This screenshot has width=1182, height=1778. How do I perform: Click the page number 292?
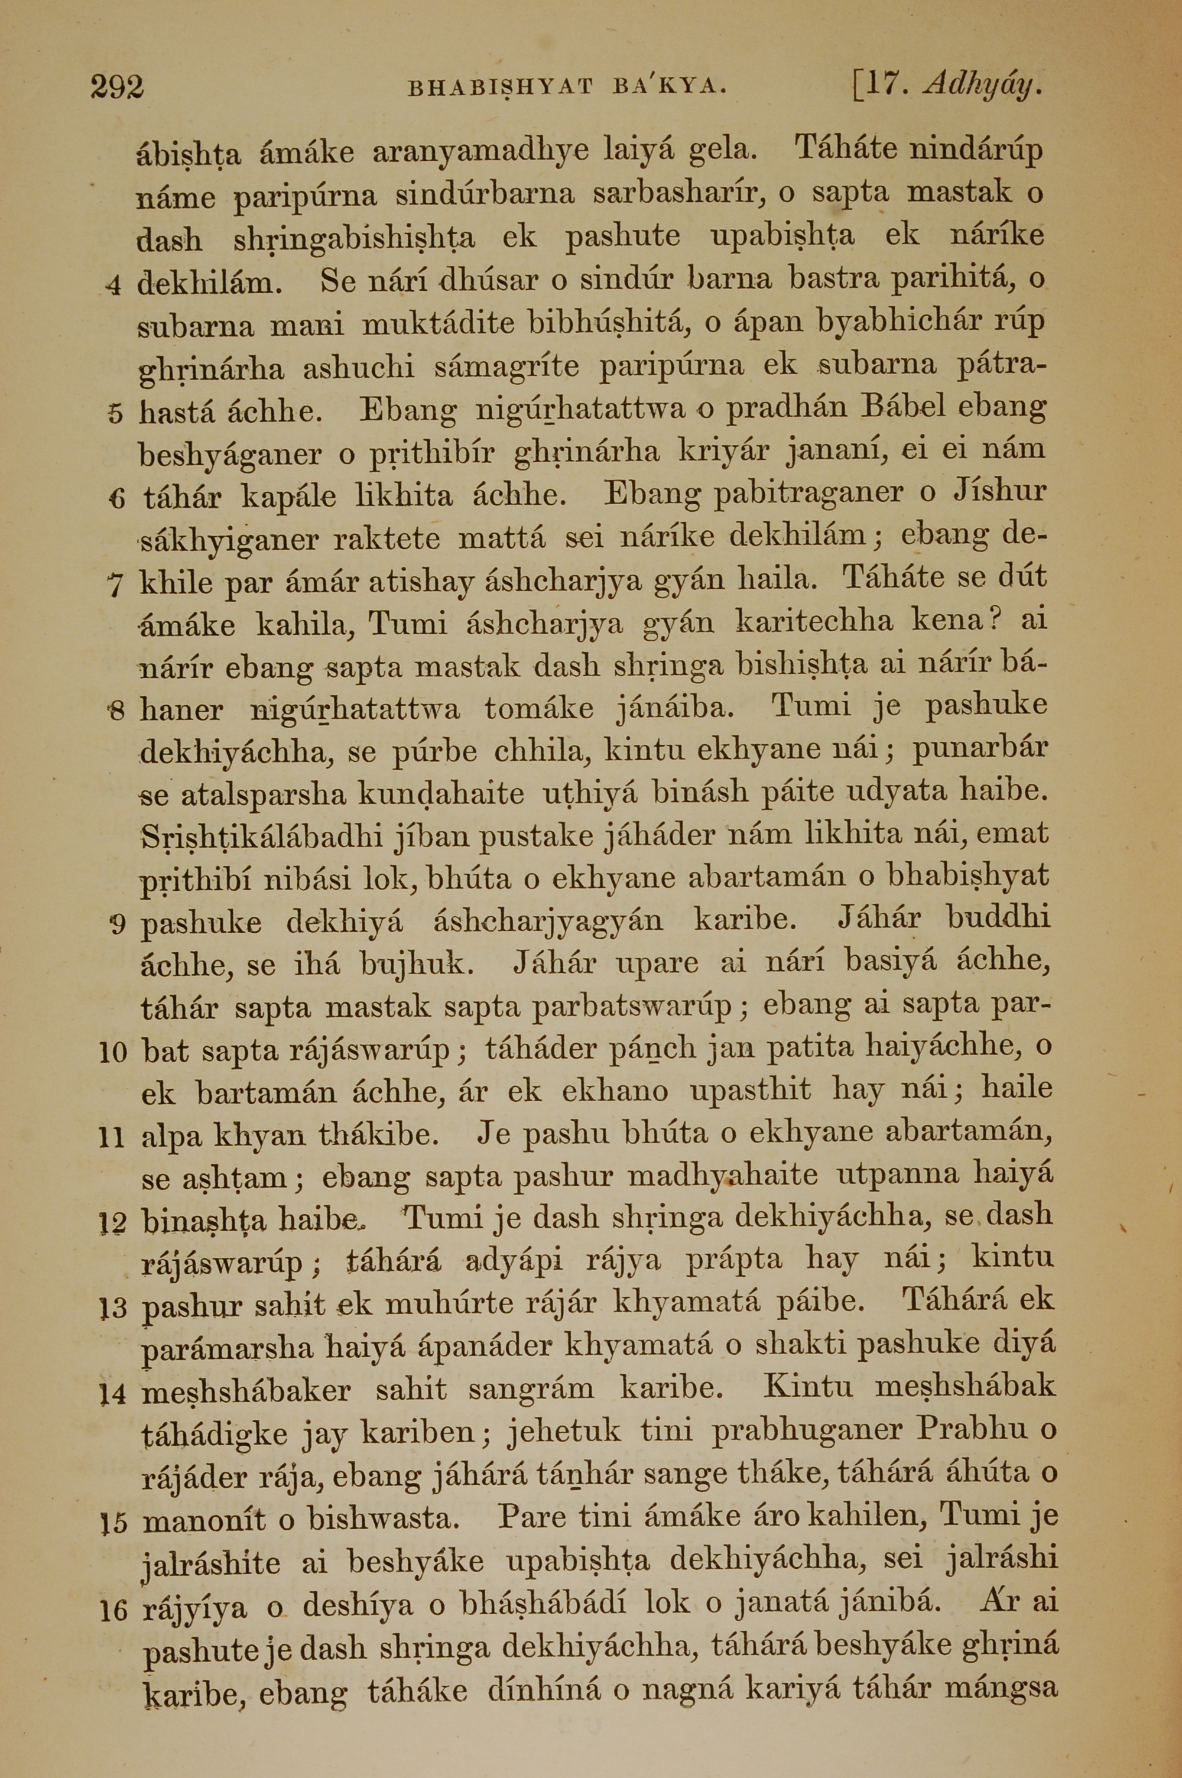(117, 87)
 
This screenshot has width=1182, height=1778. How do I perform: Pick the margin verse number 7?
(115, 586)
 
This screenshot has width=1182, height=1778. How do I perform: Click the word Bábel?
(902, 409)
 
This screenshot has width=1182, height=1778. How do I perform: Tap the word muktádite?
(439, 323)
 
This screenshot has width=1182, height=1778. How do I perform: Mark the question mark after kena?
(996, 620)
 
